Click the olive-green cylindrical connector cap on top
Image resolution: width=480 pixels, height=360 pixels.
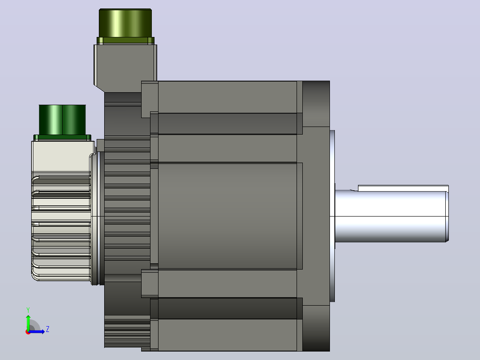(x=125, y=23)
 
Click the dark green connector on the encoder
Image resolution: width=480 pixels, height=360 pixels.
(x=62, y=120)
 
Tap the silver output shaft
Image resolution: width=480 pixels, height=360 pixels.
(x=391, y=216)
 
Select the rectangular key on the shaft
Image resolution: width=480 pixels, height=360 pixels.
(x=403, y=188)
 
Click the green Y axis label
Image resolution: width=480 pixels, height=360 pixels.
(x=28, y=310)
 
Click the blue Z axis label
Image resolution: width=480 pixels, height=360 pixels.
(x=48, y=329)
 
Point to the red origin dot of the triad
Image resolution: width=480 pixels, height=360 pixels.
(x=28, y=332)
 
